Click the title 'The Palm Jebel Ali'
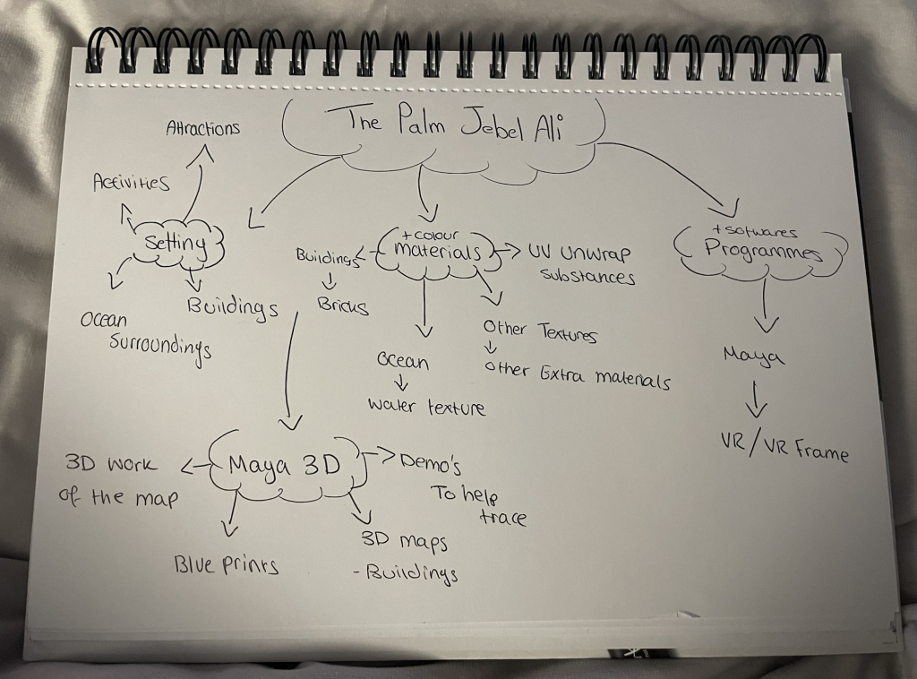pyautogui.click(x=454, y=124)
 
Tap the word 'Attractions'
pyautogui.click(x=203, y=128)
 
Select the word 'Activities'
pyautogui.click(x=132, y=183)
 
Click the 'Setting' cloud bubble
pyautogui.click(x=176, y=243)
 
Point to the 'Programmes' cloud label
pyautogui.click(x=762, y=250)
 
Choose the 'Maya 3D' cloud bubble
pyautogui.click(x=285, y=466)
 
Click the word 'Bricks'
pyautogui.click(x=343, y=305)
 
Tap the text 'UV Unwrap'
pyautogui.click(x=579, y=254)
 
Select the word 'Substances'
pyautogui.click(x=587, y=276)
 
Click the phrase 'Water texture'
pyautogui.click(x=426, y=406)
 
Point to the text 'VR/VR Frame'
pyautogui.click(x=784, y=448)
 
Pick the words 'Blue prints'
pyautogui.click(x=226, y=565)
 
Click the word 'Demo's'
pyautogui.click(x=431, y=464)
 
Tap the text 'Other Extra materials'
pyautogui.click(x=577, y=374)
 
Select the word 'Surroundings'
pyautogui.click(x=160, y=348)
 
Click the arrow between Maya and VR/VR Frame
pyautogui.click(x=756, y=400)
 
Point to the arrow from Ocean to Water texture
pyautogui.click(x=402, y=382)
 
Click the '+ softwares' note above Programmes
pyautogui.click(x=754, y=232)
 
